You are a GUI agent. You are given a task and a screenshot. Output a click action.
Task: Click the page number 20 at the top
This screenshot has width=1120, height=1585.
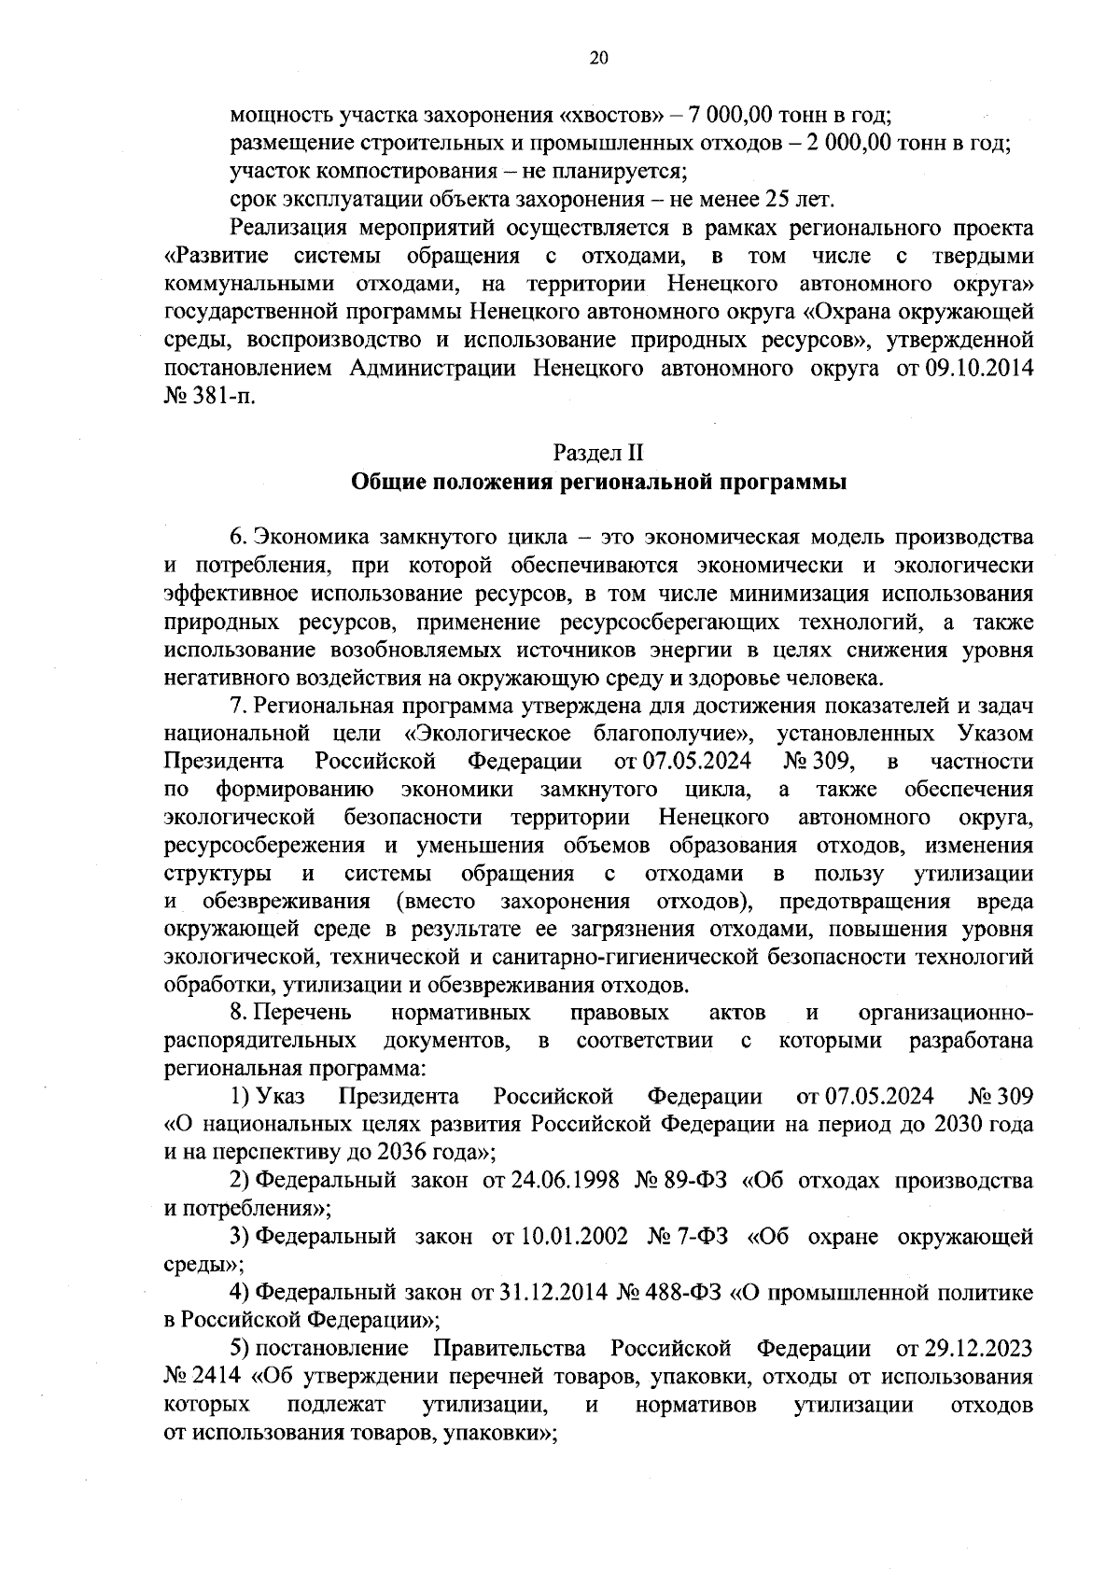coord(598,58)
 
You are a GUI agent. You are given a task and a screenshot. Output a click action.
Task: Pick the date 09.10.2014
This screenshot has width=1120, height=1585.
coord(979,369)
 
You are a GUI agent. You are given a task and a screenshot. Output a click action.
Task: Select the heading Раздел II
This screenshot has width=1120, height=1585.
coord(598,454)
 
